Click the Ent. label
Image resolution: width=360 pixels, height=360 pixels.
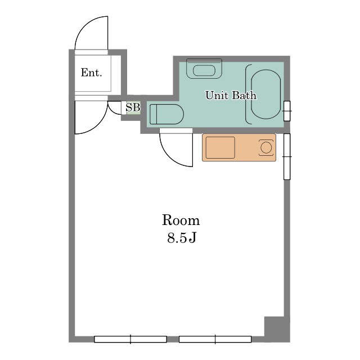click(91, 73)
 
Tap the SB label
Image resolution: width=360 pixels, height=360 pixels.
click(133, 107)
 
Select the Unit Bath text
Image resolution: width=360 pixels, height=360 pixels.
click(231, 95)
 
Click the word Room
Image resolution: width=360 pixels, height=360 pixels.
click(181, 220)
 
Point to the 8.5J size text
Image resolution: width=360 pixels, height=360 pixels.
click(182, 237)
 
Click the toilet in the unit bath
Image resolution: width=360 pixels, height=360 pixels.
click(166, 114)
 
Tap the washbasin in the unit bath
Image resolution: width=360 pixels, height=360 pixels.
click(204, 69)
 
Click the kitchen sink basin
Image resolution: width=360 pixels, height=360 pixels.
click(220, 147)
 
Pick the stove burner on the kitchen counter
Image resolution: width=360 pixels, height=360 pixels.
click(266, 147)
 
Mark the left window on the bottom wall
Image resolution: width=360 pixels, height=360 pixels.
click(130, 339)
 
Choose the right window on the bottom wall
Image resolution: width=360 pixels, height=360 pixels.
click(215, 339)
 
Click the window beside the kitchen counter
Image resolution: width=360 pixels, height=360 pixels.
click(287, 156)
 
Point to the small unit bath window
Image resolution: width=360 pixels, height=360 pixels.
click(287, 111)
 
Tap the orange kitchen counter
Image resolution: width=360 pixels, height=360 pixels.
click(239, 147)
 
